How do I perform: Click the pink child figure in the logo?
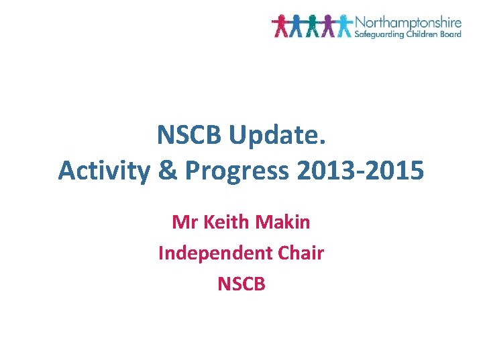click(280, 26)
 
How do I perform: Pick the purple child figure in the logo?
click(328, 26)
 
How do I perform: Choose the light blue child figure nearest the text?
click(344, 26)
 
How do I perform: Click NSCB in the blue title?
click(189, 136)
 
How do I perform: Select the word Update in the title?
click(277, 136)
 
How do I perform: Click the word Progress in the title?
click(235, 171)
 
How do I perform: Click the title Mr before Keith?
click(184, 222)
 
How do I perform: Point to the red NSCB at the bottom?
click(241, 284)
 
